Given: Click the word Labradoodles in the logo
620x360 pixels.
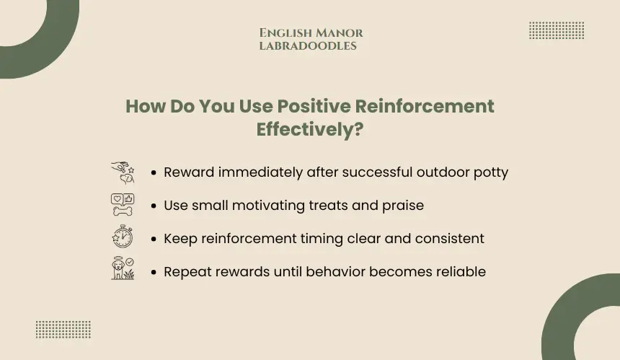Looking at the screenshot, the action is tap(308, 46).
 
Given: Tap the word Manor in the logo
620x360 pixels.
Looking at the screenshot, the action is tap(340, 33).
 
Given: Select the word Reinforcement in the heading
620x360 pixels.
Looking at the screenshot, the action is tap(425, 106).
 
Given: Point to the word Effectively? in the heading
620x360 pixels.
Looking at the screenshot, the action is tap(309, 129).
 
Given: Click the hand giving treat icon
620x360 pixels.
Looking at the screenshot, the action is tap(123, 172).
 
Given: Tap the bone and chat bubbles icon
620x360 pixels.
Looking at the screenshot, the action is tap(123, 205).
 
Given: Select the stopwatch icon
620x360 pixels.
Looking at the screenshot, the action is tap(123, 237).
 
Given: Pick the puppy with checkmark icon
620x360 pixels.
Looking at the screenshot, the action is tap(123, 268).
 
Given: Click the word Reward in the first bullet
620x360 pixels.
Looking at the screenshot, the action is tap(189, 172).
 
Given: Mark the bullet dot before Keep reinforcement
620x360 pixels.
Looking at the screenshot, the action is tap(154, 239).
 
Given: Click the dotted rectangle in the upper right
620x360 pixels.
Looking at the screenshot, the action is tap(557, 30).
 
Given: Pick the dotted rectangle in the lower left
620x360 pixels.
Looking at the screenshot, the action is tap(63, 330).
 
